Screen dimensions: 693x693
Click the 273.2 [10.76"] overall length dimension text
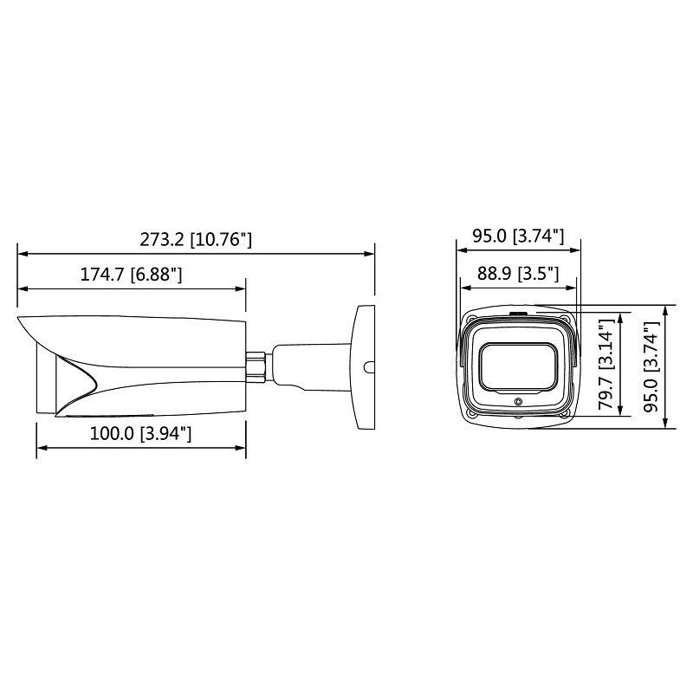click(197, 238)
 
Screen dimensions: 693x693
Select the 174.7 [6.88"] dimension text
click(131, 275)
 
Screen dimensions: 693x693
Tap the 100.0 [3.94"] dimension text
click(140, 434)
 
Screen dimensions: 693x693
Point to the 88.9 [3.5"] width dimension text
click(517, 275)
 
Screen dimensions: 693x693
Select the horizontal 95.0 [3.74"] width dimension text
click(518, 236)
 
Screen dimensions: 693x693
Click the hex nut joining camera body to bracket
click(257, 363)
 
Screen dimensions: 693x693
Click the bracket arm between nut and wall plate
click(308, 364)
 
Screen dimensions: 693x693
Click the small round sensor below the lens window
click(517, 402)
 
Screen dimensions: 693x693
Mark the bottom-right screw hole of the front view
click(565, 413)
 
